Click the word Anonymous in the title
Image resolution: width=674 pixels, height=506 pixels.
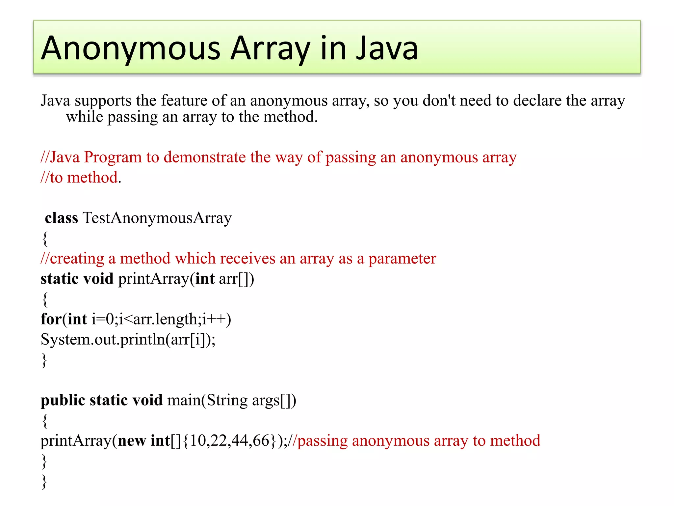coord(131,48)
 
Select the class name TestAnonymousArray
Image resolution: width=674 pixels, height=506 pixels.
coord(157,218)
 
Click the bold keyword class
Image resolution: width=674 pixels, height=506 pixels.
coord(62,218)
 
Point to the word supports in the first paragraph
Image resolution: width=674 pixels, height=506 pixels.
coord(103,101)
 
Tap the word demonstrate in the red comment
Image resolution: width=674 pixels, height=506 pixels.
coord(204,157)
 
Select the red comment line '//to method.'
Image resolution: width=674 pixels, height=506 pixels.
coord(81,178)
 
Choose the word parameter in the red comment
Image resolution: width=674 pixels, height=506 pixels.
coord(402,259)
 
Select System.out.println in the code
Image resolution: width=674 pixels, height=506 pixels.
coord(102,339)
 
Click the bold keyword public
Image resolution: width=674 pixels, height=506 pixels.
coord(63,401)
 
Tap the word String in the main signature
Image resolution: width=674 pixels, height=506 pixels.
coord(227,401)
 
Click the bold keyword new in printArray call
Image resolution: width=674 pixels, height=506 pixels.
coord(132,441)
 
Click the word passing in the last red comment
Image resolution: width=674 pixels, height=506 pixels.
coord(323,441)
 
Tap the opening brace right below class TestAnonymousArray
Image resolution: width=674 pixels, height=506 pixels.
coord(45,239)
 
